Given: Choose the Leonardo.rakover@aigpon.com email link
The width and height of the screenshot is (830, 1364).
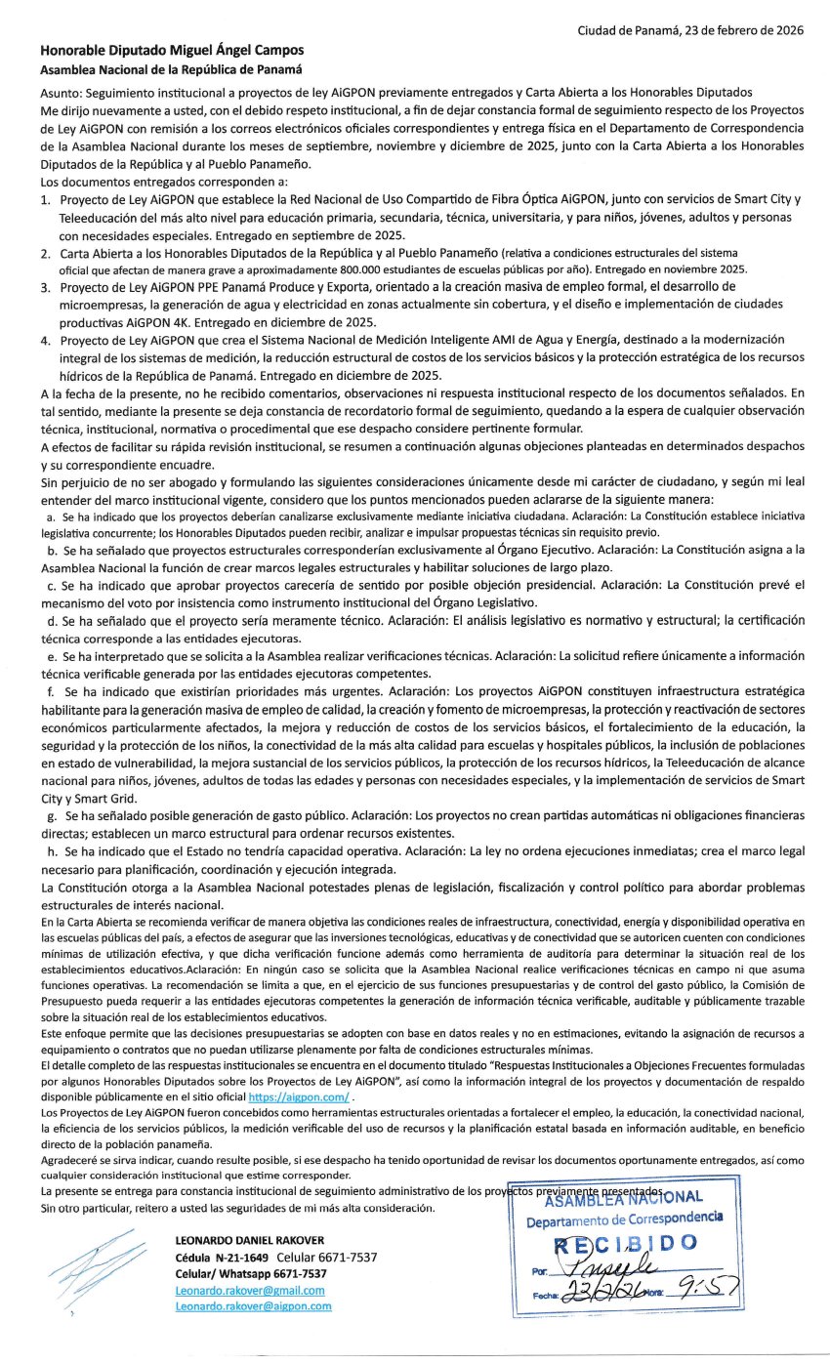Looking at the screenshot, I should (x=253, y=1305).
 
